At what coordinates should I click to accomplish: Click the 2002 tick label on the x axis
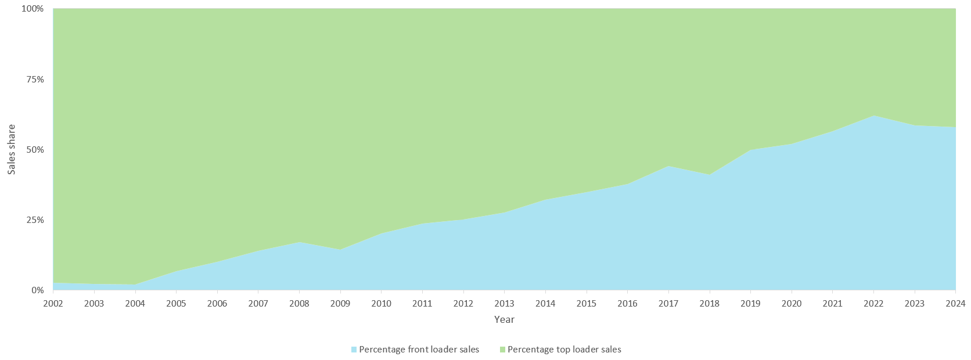pos(53,303)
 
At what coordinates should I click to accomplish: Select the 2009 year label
pos(340,303)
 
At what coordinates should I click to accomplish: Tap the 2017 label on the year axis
pos(668,303)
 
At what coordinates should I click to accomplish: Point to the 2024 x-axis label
pos(955,303)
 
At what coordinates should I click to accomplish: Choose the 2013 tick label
pos(504,303)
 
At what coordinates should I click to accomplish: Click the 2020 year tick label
pos(792,303)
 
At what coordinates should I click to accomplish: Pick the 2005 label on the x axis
pos(176,303)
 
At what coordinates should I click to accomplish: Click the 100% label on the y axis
pos(33,9)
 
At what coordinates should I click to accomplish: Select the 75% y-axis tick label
pos(35,80)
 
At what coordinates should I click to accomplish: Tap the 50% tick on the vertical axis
pos(35,150)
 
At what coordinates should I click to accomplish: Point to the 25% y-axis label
pos(35,220)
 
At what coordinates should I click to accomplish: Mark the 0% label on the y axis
pos(37,290)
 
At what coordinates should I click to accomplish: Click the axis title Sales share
pos(12,149)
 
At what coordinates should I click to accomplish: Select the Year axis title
pos(504,319)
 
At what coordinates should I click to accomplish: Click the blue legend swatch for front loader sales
pos(354,350)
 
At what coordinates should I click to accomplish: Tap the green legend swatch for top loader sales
pos(502,350)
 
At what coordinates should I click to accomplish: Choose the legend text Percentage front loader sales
pos(419,350)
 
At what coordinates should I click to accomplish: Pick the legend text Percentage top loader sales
pos(564,350)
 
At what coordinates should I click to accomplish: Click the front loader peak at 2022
pos(873,116)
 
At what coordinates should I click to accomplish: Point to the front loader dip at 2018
pos(710,175)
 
